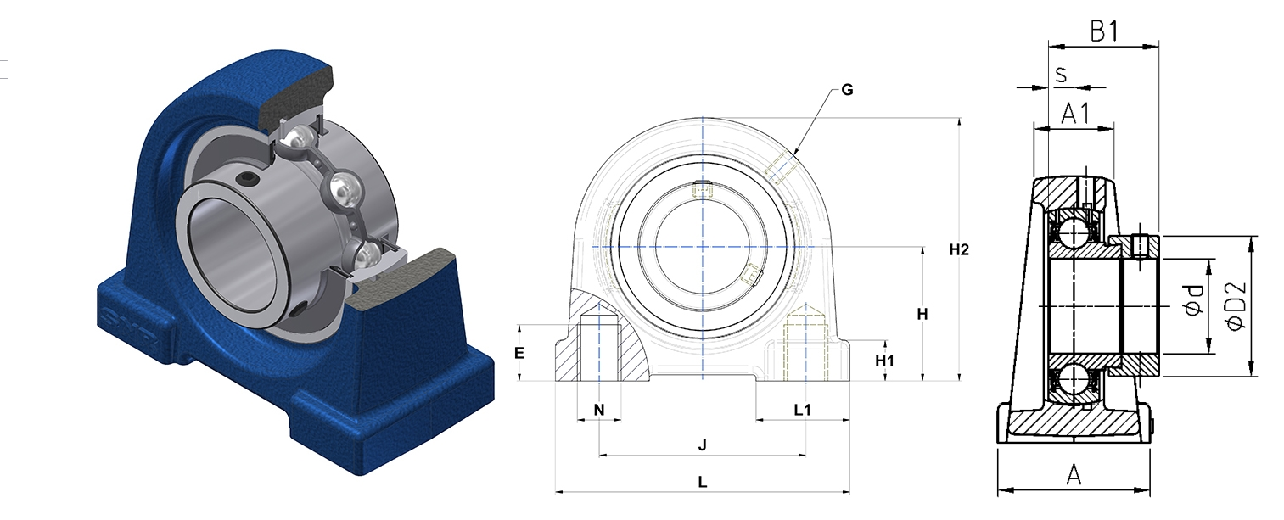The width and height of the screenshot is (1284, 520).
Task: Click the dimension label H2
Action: pyautogui.click(x=958, y=249)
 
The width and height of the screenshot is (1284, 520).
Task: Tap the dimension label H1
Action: pyautogui.click(x=884, y=361)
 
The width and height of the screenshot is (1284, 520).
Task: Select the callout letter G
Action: pyautogui.click(x=847, y=90)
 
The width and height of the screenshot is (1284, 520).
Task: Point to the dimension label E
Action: pyautogui.click(x=519, y=353)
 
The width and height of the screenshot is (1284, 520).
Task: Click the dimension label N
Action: pyautogui.click(x=599, y=410)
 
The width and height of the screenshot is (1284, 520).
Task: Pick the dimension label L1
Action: pyautogui.click(x=802, y=410)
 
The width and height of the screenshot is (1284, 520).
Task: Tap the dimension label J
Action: pyautogui.click(x=703, y=445)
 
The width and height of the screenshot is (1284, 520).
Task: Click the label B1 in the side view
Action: pyautogui.click(x=1103, y=31)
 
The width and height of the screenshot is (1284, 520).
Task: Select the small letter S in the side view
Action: pyautogui.click(x=1061, y=75)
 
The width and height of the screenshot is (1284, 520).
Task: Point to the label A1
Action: pyautogui.click(x=1075, y=114)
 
